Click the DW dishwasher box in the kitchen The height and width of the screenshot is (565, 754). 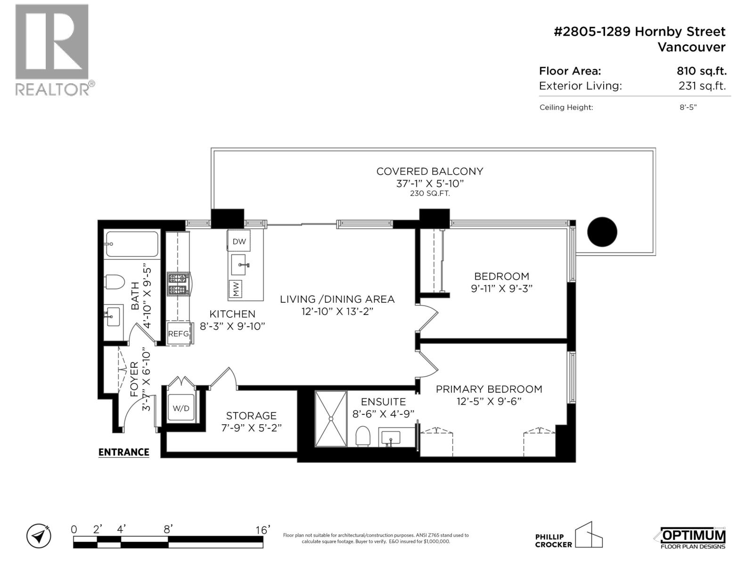(239, 242)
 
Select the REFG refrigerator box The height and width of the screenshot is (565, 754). (179, 334)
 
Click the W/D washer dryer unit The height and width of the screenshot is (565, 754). (181, 408)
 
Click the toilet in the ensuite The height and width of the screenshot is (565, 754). (362, 436)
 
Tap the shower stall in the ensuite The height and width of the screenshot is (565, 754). (331, 418)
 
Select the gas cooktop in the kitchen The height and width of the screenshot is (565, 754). (178, 284)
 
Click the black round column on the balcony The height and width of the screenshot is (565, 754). (602, 232)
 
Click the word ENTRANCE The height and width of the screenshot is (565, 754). (123, 452)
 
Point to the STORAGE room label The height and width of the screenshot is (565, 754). (251, 416)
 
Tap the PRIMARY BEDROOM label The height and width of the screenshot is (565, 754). (489, 389)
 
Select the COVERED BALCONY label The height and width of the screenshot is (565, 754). (429, 172)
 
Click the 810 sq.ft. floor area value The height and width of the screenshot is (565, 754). (701, 72)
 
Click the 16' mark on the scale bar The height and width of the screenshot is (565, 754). (263, 530)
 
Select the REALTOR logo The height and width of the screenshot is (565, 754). (53, 49)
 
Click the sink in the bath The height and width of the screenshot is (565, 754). (113, 316)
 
